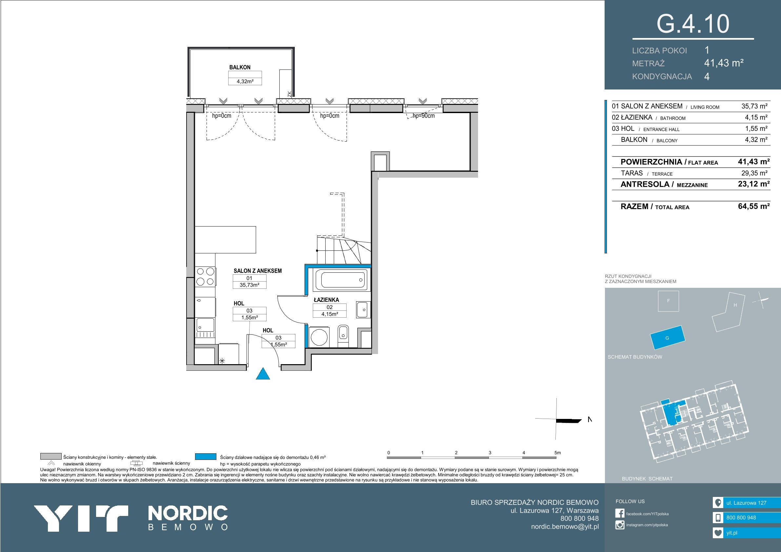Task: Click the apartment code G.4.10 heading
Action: click(692, 24)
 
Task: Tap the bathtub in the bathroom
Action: click(342, 280)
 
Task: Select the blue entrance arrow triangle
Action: click(263, 373)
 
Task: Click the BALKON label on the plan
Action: click(240, 67)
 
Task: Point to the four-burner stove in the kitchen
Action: click(205, 277)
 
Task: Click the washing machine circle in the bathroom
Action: click(319, 337)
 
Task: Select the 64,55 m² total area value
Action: click(754, 206)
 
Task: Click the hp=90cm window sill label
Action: click(424, 116)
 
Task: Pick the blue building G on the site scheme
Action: click(667, 338)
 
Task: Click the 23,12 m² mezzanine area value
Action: click(754, 184)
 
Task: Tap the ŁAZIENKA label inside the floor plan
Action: click(326, 300)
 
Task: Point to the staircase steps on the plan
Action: click(344, 251)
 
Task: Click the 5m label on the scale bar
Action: click(557, 453)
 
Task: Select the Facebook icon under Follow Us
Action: click(620, 513)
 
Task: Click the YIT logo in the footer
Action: click(81, 518)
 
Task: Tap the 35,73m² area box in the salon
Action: click(249, 285)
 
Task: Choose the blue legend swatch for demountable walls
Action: click(206, 456)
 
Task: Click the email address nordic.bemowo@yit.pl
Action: click(565, 526)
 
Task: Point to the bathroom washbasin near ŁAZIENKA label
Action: click(362, 309)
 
